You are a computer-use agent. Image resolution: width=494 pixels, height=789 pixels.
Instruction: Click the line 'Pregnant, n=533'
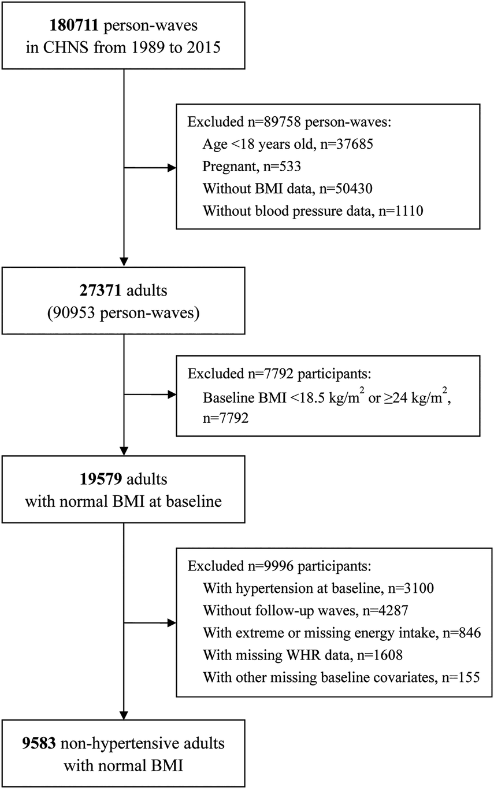pos(251,165)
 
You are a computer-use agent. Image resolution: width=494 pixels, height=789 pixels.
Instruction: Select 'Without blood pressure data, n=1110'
pos(313,211)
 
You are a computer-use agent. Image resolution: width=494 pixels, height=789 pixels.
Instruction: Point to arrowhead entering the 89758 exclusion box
pos(173,168)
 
